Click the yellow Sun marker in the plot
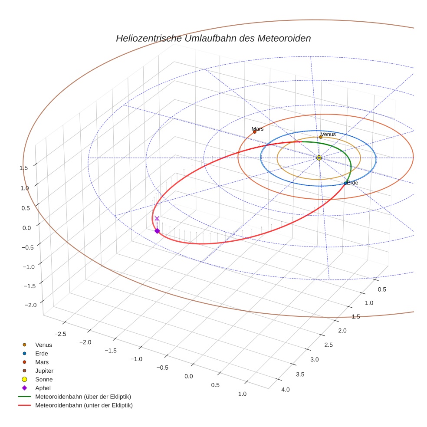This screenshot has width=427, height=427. [x=319, y=158]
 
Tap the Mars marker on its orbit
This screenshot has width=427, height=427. [x=255, y=132]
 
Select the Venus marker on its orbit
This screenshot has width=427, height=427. [x=321, y=137]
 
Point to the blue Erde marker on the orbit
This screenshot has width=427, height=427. [x=345, y=183]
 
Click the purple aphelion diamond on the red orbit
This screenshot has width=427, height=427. [x=157, y=231]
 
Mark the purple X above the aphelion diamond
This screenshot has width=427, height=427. [x=157, y=218]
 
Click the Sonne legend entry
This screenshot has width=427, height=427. [x=44, y=379]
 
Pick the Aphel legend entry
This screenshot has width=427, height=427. [x=43, y=388]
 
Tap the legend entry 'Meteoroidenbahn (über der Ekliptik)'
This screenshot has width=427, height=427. [x=83, y=397]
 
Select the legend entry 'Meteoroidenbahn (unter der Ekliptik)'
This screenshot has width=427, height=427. [x=84, y=405]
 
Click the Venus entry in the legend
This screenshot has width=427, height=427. [x=43, y=345]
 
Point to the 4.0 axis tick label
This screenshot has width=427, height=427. [x=286, y=389]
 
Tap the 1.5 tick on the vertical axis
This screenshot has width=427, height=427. [x=24, y=168]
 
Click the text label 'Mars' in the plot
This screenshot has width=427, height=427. [x=257, y=129]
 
